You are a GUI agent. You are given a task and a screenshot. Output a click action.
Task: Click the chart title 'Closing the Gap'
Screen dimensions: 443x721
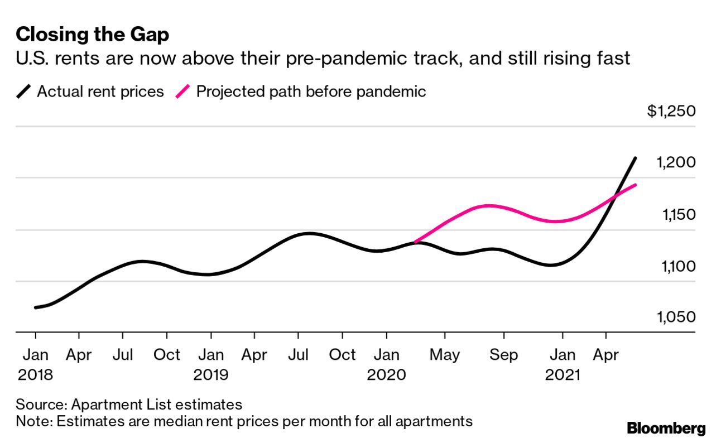pos(93,35)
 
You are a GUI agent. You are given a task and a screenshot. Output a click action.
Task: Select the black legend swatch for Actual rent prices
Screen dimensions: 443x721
pos(25,91)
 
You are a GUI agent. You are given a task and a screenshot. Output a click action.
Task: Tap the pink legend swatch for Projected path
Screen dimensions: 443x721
pos(184,91)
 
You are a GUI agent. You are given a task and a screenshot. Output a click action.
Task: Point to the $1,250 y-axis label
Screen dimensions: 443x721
pos(671,111)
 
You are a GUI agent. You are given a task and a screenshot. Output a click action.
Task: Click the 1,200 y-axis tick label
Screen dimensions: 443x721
pos(675,163)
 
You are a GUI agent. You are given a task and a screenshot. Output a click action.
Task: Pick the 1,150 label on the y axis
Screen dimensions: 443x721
pos(675,215)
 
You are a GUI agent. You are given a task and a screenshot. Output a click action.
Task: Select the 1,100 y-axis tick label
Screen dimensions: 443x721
pos(675,266)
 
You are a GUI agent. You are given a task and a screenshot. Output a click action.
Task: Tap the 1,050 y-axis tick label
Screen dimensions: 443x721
pos(675,317)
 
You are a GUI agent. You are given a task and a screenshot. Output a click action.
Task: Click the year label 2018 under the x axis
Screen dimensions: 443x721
pos(36,374)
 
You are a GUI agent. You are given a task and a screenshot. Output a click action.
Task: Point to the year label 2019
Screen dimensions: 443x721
pos(211,374)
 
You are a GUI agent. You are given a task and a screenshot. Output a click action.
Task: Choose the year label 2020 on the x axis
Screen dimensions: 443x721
pos(386,374)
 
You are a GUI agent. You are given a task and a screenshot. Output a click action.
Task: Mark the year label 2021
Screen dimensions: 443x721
pos(562,374)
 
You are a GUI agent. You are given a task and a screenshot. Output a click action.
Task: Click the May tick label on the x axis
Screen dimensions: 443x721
pos(445,355)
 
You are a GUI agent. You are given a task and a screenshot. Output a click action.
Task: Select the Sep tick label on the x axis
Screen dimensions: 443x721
pos(503,355)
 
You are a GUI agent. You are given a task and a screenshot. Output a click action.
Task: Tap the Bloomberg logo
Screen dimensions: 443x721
pos(666,428)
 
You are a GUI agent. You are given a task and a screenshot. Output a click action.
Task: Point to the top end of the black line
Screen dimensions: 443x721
pos(635,158)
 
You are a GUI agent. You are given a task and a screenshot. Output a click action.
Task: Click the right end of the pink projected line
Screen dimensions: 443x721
pos(636,185)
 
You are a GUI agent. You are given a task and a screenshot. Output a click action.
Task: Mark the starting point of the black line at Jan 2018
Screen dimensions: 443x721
pos(36,307)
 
